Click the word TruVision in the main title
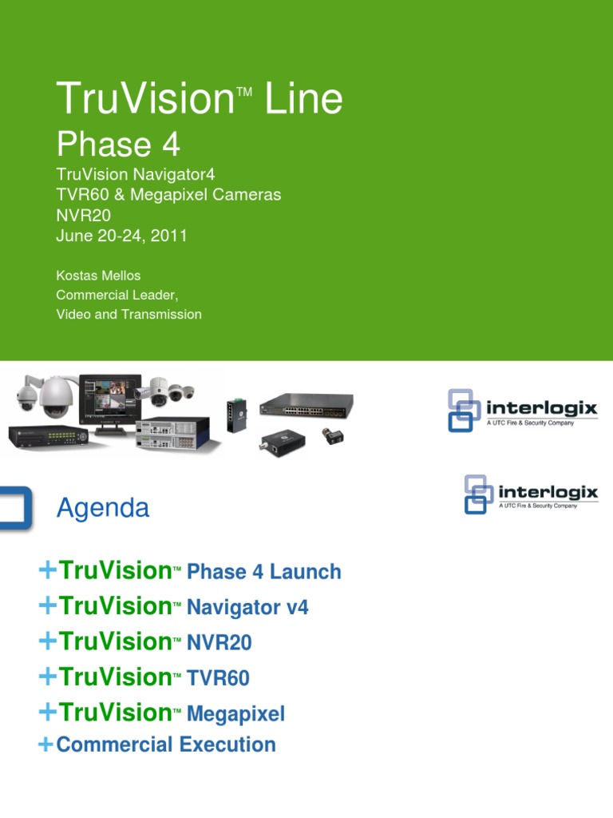144,99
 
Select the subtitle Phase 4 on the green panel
118,145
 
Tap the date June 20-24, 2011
121,235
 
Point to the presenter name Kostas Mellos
98,276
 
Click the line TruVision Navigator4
136,175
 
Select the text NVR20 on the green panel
84,215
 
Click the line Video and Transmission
129,314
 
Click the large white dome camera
56,397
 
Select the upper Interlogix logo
523,410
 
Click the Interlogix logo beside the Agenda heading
531,494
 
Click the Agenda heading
103,508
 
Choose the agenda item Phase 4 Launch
263,572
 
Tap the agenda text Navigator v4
247,608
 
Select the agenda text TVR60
218,679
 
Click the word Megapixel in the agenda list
235,714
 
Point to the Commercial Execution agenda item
166,745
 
